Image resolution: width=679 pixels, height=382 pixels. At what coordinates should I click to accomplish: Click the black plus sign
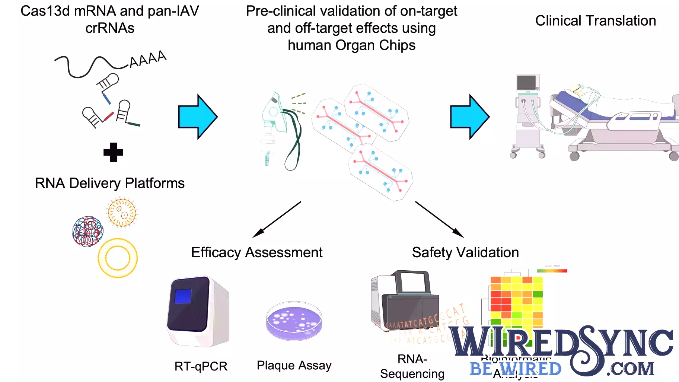[113, 152]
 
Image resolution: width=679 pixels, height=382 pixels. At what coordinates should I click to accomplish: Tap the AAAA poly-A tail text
[147, 59]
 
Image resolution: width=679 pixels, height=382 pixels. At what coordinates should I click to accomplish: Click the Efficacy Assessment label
[256, 252]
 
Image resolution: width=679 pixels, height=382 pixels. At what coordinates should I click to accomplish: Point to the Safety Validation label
[465, 252]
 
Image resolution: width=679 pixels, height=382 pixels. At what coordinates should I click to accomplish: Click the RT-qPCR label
[201, 366]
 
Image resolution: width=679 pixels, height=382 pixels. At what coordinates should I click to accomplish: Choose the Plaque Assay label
[294, 365]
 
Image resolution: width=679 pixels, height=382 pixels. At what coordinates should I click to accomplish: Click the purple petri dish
[294, 321]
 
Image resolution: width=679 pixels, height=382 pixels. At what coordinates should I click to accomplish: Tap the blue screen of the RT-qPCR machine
[183, 296]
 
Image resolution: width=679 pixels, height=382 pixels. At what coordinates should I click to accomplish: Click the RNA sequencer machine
[406, 302]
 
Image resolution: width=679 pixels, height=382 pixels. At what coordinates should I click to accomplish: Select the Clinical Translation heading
[595, 21]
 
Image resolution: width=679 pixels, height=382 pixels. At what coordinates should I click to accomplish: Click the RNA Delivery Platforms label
[109, 183]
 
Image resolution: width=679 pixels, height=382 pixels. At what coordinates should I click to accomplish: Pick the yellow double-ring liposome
[118, 258]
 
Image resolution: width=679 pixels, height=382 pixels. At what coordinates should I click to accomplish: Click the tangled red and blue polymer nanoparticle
[87, 232]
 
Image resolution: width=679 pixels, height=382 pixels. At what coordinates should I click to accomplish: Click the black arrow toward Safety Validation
[439, 220]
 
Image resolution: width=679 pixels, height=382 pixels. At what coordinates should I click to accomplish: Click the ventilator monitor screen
[526, 82]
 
